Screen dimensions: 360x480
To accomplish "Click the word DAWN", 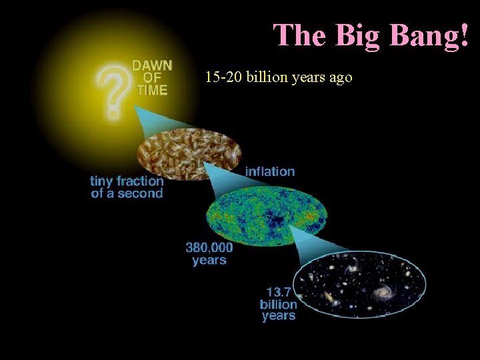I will (152, 66).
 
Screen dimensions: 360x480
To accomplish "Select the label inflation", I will (270, 171).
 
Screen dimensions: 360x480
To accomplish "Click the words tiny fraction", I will (127, 181).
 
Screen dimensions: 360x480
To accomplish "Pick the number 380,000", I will (209, 247).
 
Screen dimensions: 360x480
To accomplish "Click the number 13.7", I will (279, 291).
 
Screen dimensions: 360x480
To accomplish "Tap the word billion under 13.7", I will (279, 304).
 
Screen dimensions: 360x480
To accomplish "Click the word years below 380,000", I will (209, 260).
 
